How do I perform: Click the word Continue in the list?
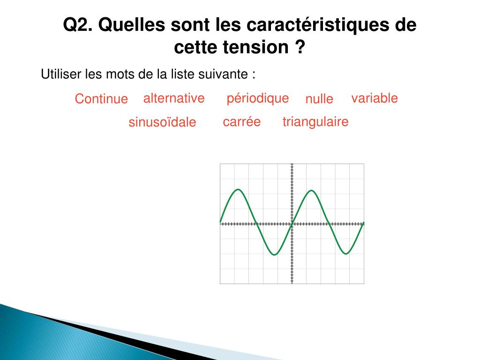tap(101, 99)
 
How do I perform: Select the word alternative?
tap(174, 98)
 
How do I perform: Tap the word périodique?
tap(257, 98)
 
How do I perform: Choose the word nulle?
tap(319, 99)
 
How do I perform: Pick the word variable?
tap(375, 98)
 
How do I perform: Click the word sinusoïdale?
tap(162, 122)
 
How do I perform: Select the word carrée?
tap(241, 122)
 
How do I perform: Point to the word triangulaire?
tap(315, 122)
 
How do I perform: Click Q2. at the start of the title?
tap(78, 25)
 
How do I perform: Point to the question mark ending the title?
tap(300, 47)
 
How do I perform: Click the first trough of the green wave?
tap(275, 255)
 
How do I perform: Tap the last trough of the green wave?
tap(346, 254)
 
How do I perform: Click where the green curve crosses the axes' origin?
tap(292, 224)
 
